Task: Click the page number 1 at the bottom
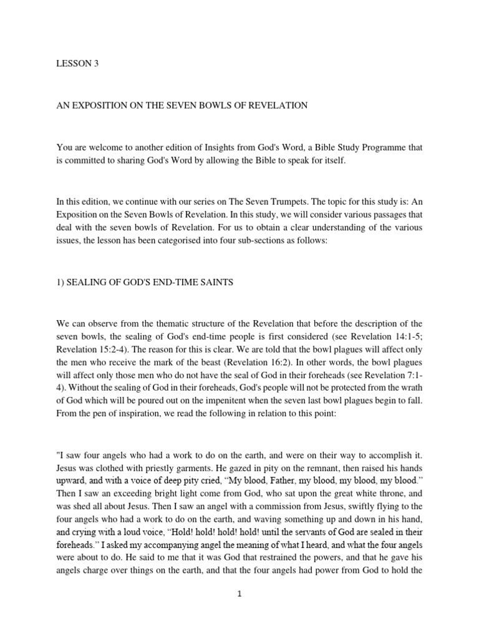coord(239,594)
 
